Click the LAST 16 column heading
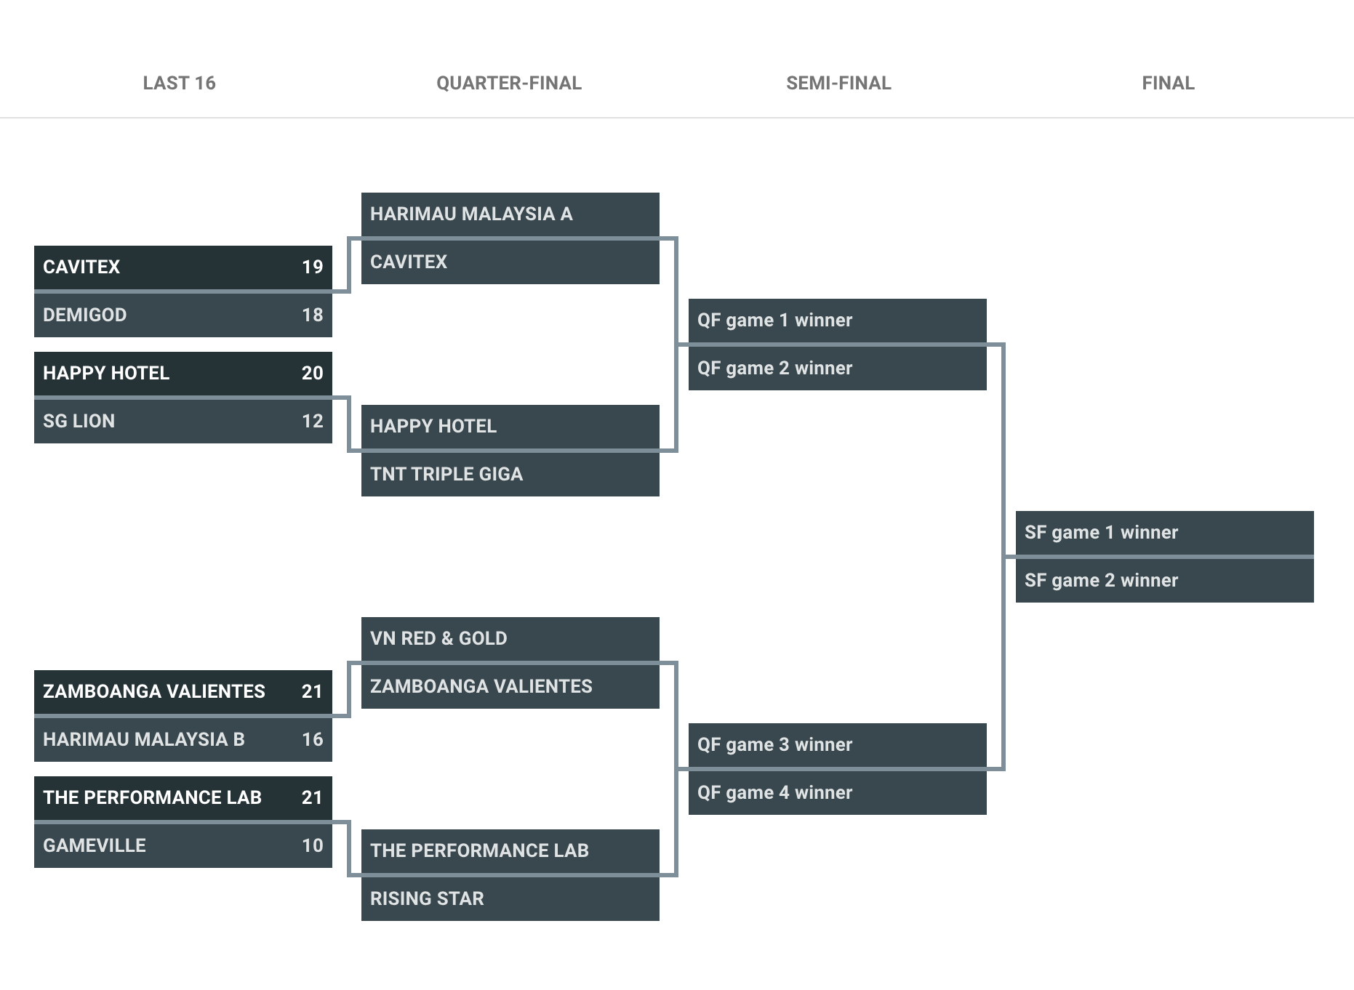tap(179, 83)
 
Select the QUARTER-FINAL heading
tap(509, 83)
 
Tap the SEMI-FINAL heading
tap(838, 83)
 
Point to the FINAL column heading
tap(1168, 83)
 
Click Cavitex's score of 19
tap(313, 267)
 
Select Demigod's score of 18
tap(313, 315)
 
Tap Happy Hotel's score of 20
tap(313, 373)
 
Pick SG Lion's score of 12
tap(313, 421)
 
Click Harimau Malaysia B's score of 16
tap(313, 739)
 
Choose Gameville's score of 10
tap(313, 845)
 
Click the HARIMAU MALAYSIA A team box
tap(510, 214)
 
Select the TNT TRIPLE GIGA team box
tap(510, 474)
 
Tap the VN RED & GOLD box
tap(510, 638)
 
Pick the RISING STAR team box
tap(510, 898)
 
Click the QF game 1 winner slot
tap(838, 320)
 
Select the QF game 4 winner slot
tap(838, 792)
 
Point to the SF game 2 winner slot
tap(1165, 580)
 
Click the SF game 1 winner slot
tap(1165, 532)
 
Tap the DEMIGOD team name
tap(85, 315)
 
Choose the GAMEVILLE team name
tap(95, 845)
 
